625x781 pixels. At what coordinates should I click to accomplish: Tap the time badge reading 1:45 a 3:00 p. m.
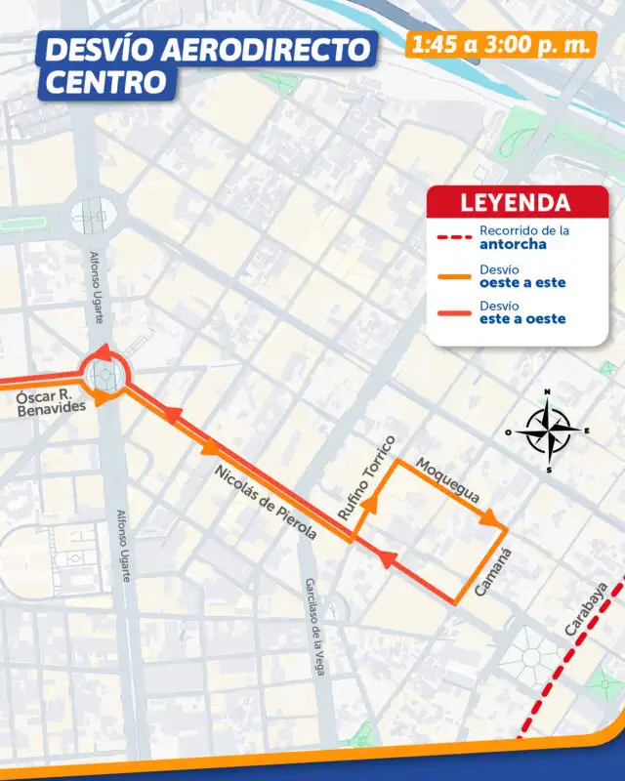[x=501, y=44]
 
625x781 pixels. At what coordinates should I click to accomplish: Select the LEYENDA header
[x=515, y=203]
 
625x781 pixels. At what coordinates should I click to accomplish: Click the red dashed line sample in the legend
[x=452, y=237]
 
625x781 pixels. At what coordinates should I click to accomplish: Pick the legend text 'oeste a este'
[x=521, y=283]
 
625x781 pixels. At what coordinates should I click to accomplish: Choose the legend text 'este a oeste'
[x=521, y=319]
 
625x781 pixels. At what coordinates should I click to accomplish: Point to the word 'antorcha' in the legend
[x=513, y=245]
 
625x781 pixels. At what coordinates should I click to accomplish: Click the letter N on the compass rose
[x=547, y=392]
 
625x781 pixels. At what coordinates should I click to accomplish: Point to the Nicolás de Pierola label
[x=266, y=501]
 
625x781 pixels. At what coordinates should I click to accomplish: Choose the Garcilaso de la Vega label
[x=313, y=626]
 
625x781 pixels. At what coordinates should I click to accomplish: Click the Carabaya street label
[x=586, y=609]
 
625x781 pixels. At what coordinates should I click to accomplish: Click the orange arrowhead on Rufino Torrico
[x=371, y=507]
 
